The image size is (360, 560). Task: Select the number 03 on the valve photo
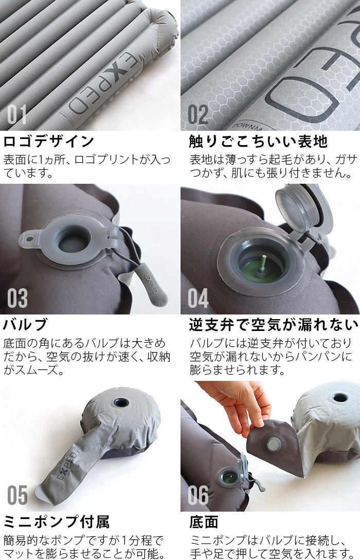click(x=17, y=298)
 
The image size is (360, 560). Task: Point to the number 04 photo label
click(x=198, y=298)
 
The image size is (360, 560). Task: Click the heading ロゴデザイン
click(x=49, y=142)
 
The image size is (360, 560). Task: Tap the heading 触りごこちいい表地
click(x=258, y=142)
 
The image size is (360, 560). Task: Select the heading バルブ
click(x=25, y=325)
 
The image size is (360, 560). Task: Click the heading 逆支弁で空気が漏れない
click(x=273, y=325)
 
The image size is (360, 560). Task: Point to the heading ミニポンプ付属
click(x=56, y=522)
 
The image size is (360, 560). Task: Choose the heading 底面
click(x=203, y=522)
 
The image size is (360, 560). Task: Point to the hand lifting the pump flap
click(x=236, y=404)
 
